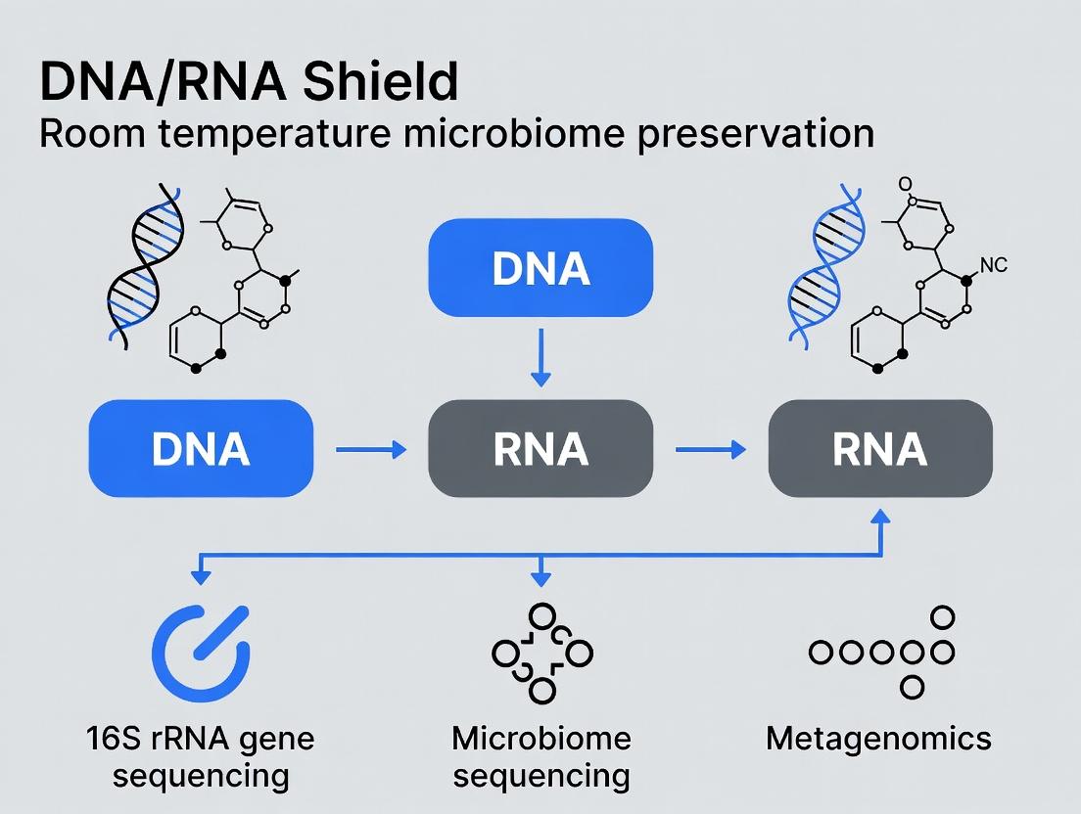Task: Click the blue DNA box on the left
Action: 201,449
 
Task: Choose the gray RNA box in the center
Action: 540,449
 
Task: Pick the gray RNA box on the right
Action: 879,449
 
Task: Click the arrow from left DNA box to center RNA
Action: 371,450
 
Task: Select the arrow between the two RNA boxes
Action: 710,450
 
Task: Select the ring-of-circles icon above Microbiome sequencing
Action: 541,653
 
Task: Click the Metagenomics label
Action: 878,739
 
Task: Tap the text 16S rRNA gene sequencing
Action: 200,756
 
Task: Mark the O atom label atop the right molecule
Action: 904,184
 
